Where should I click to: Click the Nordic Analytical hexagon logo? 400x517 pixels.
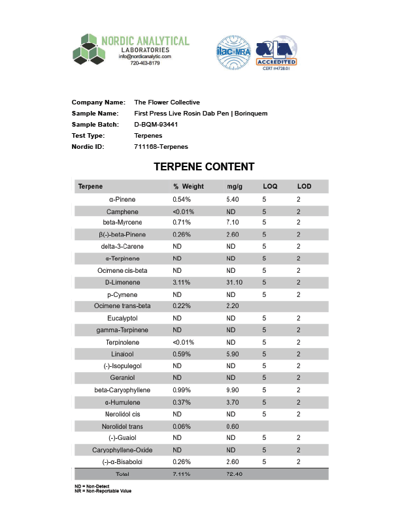point(89,50)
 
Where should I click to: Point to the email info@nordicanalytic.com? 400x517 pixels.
point(144,57)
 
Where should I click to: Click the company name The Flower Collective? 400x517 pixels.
point(167,102)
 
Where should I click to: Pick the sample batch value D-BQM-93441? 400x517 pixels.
point(156,124)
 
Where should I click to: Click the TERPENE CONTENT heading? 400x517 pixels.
point(204,167)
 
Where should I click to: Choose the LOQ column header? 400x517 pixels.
point(270,187)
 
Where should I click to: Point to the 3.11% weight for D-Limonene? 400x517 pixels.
point(182,282)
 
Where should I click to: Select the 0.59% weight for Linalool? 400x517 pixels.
point(181,354)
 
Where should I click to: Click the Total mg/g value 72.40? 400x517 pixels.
point(234,474)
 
